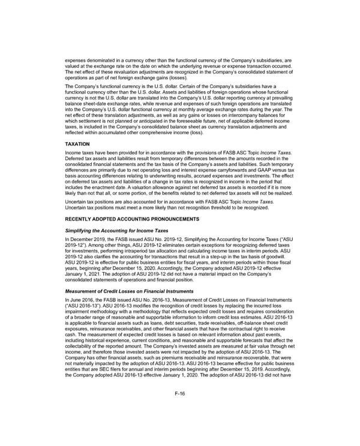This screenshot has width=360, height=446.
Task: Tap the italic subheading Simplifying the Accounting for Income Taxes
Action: pyautogui.click(x=118, y=230)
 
